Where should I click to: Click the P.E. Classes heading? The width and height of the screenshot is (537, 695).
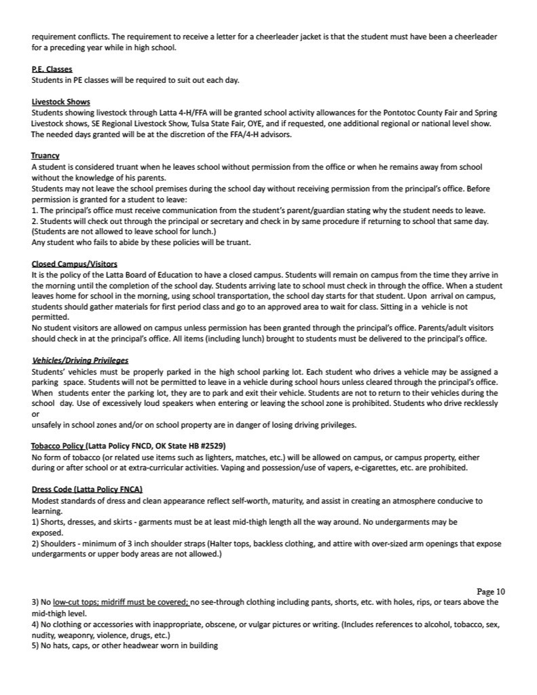[52, 69]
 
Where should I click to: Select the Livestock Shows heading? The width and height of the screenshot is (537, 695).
[60, 102]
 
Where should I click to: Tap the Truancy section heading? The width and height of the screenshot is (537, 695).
[45, 155]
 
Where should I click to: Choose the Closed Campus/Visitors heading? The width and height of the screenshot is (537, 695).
[74, 263]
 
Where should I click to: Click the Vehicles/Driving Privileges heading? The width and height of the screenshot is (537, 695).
[80, 360]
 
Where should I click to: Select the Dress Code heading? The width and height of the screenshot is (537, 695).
[87, 489]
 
